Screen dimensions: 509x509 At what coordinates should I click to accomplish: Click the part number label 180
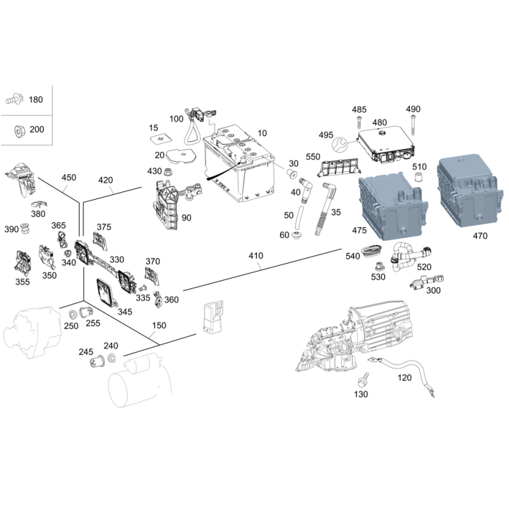click(36, 99)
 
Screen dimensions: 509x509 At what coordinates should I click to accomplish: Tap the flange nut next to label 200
click(19, 130)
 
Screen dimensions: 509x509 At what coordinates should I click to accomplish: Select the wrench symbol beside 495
click(340, 144)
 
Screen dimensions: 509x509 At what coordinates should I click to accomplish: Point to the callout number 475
click(359, 230)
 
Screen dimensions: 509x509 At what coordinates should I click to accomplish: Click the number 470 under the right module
click(480, 235)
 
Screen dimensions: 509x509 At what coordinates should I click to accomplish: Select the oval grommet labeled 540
click(371, 251)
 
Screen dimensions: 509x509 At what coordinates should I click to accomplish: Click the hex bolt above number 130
click(363, 379)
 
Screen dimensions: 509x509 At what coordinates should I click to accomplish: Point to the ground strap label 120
click(405, 377)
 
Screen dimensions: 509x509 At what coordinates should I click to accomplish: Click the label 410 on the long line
click(256, 256)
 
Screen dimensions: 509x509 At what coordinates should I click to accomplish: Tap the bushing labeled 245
click(97, 361)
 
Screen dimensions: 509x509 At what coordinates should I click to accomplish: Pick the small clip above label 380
click(39, 204)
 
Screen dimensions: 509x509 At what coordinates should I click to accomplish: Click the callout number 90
click(186, 218)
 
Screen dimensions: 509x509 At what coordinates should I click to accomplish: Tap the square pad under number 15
click(159, 139)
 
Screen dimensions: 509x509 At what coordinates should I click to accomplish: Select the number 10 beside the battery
click(262, 133)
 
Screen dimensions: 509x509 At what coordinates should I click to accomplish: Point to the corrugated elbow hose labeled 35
click(324, 208)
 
